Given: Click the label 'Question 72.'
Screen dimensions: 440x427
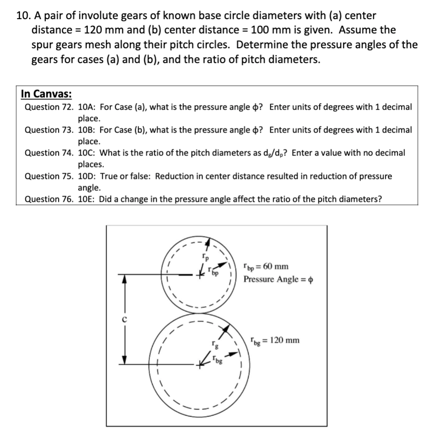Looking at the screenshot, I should (49, 107).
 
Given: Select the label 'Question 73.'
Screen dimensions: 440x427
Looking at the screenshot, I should (49, 130).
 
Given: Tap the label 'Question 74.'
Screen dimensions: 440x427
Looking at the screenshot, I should (49, 153).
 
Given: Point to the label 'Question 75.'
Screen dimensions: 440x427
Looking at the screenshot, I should (49, 176).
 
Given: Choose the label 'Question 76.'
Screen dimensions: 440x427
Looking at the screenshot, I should (49, 199).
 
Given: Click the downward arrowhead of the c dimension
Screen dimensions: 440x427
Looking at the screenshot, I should (125, 361).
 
